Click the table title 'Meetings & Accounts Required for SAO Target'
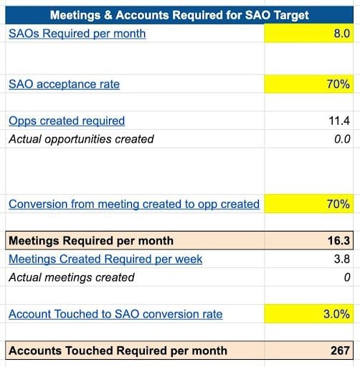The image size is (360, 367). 179,15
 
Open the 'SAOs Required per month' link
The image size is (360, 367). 77,34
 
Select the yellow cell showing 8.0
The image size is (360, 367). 308,33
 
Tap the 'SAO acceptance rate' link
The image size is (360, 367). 64,84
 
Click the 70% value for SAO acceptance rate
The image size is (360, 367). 338,84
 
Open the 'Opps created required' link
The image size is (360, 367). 67,120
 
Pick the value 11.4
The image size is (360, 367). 339,120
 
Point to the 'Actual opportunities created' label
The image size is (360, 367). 81,139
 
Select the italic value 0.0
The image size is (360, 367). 342,139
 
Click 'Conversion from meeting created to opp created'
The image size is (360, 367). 134,204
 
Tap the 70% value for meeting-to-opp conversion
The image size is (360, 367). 338,204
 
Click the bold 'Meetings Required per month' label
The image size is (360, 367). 91,241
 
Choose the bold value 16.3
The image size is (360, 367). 339,241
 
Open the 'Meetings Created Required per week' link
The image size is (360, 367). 105,259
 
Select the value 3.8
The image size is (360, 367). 342,259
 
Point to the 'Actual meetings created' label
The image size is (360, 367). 72,277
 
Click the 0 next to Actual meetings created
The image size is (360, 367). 347,277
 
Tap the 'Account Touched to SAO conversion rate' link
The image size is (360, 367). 115,314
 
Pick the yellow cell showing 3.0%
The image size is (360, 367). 308,314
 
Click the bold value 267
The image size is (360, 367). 341,351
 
